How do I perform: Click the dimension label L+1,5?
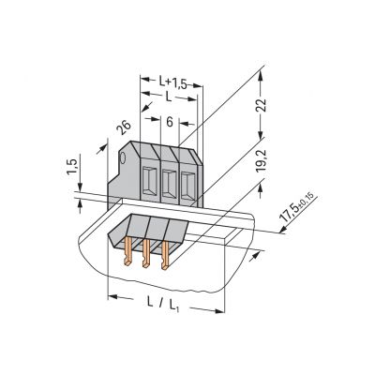click(x=172, y=82)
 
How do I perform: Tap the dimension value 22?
click(x=262, y=105)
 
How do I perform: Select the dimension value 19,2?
click(x=261, y=160)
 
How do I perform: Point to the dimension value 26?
click(x=124, y=127)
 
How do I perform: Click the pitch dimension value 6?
click(x=170, y=122)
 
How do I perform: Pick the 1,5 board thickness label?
click(x=71, y=167)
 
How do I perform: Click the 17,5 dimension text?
click(x=289, y=214)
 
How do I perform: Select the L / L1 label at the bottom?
click(x=162, y=304)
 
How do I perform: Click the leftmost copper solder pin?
click(x=127, y=251)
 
